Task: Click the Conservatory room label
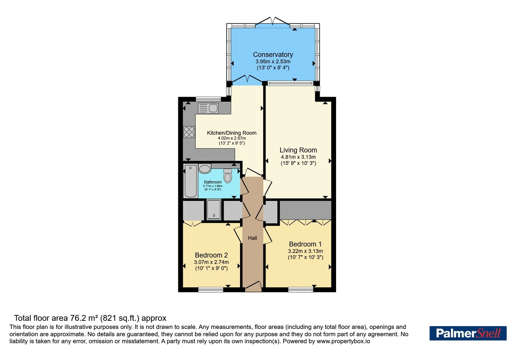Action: [273, 54]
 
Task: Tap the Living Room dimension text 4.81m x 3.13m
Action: [298, 157]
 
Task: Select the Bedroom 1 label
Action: [305, 244]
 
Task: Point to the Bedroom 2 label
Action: [211, 255]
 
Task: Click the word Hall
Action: [253, 238]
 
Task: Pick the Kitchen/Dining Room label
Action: [232, 133]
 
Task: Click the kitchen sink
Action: [208, 108]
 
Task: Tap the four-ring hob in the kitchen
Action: [189, 132]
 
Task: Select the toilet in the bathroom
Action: [228, 175]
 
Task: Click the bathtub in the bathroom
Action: [191, 181]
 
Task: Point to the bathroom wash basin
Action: [205, 169]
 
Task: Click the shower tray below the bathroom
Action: [214, 209]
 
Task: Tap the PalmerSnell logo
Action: [468, 333]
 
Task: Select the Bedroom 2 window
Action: [211, 290]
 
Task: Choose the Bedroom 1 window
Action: [301, 290]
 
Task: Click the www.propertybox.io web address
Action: [343, 341]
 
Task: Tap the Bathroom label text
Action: [213, 182]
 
